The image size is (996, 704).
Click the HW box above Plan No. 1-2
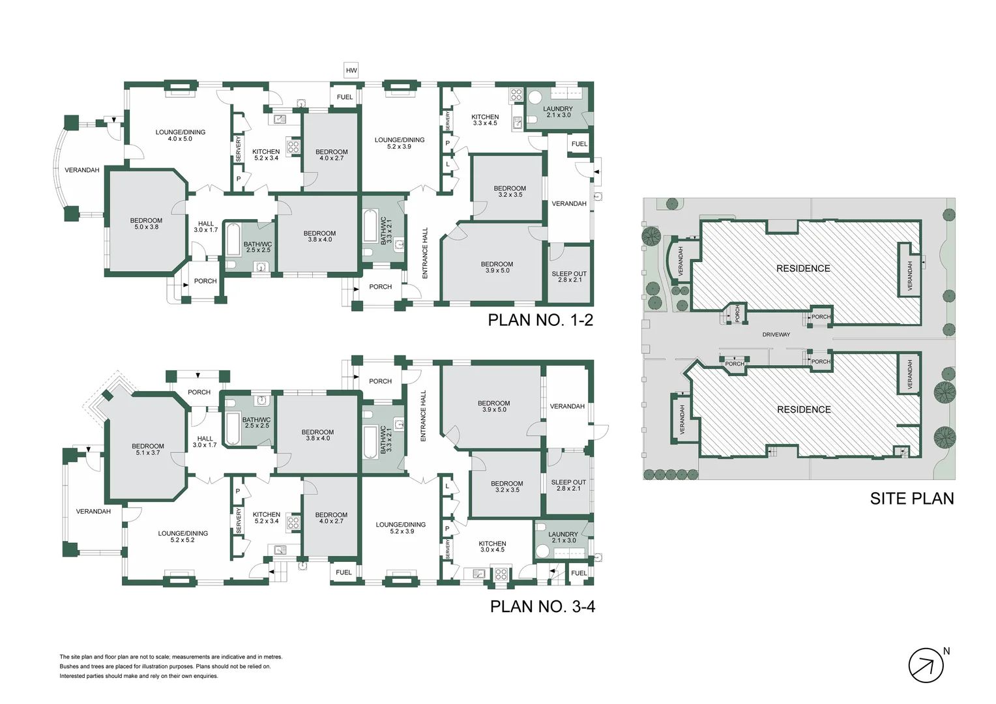coord(351,70)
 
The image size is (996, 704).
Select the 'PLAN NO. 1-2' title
coord(540,320)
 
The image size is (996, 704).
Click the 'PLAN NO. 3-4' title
coord(542,607)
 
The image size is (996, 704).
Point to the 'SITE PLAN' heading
coord(912,499)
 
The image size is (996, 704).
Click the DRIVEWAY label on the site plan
coord(776,334)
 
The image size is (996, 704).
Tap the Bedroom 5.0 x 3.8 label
coord(146,224)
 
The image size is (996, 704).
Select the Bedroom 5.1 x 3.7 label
coord(147,449)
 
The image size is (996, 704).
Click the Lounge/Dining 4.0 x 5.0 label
coord(181,135)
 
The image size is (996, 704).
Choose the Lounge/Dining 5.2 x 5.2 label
coord(183,536)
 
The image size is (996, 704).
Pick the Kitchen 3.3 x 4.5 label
coord(485,120)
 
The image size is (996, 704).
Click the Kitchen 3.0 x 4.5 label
coord(492,546)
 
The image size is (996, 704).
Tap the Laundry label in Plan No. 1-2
coord(558,111)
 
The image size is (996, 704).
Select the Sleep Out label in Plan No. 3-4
coord(568,485)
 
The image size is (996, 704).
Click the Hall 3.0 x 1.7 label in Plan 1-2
coord(205,227)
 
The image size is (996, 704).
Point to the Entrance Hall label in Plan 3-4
coord(423,417)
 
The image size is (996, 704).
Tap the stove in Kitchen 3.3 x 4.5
coord(516,95)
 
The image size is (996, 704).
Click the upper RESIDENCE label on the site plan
coord(803,269)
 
